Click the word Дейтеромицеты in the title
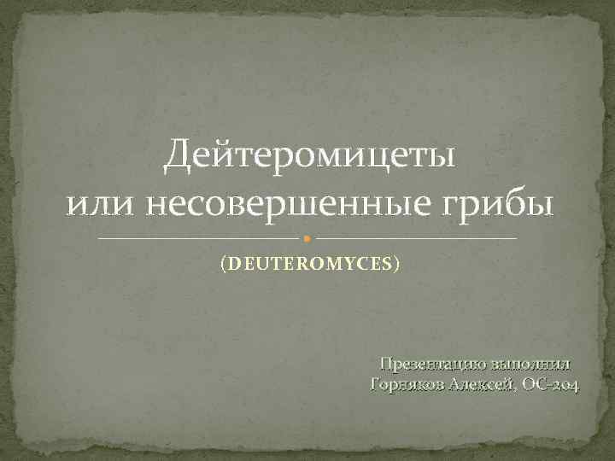click(x=309, y=155)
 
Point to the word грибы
click(x=506, y=206)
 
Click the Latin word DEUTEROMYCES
click(x=309, y=266)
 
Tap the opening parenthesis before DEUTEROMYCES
click(x=222, y=266)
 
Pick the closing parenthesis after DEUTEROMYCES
click(x=396, y=266)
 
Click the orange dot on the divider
click(x=307, y=237)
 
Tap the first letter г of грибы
click(x=468, y=207)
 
